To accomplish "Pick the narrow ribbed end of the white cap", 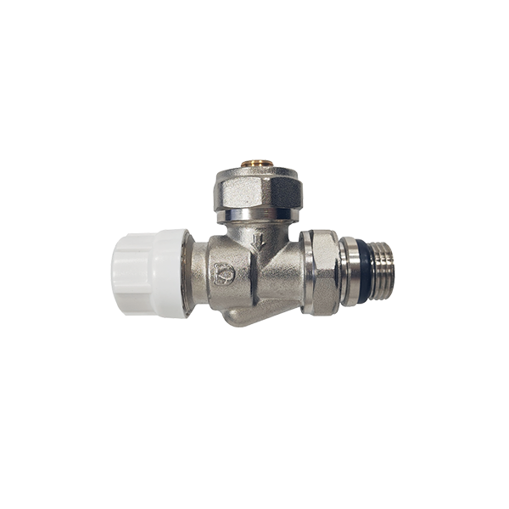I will [x=130, y=273].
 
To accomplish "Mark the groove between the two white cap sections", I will [x=151, y=273].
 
